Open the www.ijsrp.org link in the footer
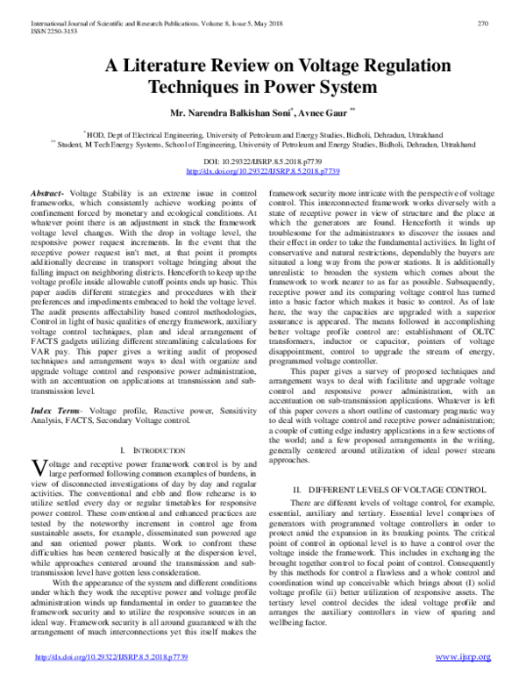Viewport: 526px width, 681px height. click(x=465, y=657)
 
